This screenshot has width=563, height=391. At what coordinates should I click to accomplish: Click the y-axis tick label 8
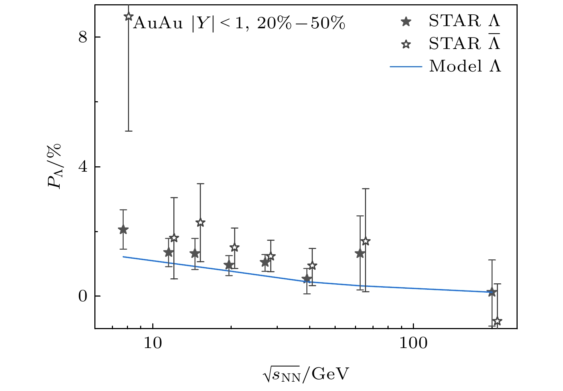83,37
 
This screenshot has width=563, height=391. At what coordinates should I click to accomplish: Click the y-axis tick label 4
83,167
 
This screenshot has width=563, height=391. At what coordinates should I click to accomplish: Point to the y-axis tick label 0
83,296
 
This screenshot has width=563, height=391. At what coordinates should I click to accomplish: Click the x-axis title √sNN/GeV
305,375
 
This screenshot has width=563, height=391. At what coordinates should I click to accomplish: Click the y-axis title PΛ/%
54,166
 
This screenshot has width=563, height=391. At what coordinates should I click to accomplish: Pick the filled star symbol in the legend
406,22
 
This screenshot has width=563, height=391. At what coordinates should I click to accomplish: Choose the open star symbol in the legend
406,44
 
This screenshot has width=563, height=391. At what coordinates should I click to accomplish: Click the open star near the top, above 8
129,16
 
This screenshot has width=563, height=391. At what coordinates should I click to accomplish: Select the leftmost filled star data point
123,230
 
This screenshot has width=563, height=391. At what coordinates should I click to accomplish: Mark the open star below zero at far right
497,321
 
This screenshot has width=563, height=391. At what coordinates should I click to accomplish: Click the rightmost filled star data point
492,292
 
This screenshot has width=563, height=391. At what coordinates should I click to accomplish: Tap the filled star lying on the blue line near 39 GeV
306,279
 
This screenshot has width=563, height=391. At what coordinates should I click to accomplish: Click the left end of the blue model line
123,256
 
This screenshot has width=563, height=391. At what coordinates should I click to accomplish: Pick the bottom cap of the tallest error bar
129,131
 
